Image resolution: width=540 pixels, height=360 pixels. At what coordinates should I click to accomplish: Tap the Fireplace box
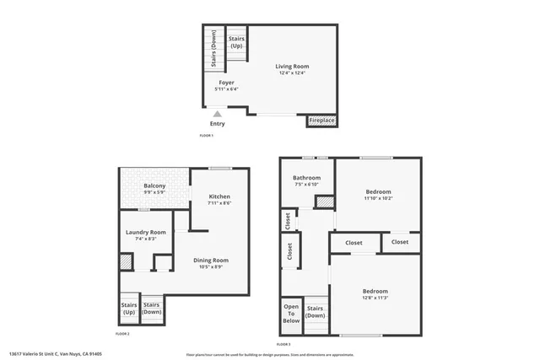pyautogui.click(x=321, y=121)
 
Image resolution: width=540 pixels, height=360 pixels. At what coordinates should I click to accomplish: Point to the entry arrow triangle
pyautogui.click(x=218, y=113)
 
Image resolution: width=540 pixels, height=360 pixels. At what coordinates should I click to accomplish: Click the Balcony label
pyautogui.click(x=154, y=185)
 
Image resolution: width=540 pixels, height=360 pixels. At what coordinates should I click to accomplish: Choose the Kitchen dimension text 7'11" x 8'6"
pyautogui.click(x=219, y=203)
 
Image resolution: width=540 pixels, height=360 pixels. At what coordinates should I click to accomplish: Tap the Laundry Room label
pyautogui.click(x=146, y=232)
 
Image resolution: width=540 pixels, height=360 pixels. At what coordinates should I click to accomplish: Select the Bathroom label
pyautogui.click(x=306, y=178)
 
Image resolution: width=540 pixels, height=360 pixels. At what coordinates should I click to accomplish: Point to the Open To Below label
pyautogui.click(x=290, y=314)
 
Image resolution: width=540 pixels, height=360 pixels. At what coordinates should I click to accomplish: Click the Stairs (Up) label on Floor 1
pyautogui.click(x=236, y=41)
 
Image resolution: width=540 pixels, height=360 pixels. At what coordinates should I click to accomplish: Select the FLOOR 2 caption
pyautogui.click(x=122, y=335)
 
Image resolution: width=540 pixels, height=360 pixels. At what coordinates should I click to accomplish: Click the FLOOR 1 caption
pyautogui.click(x=206, y=135)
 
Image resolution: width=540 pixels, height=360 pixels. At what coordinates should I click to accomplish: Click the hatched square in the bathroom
pyautogui.click(x=324, y=201)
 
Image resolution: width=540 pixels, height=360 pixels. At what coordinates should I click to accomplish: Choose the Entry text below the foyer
pyautogui.click(x=218, y=124)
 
